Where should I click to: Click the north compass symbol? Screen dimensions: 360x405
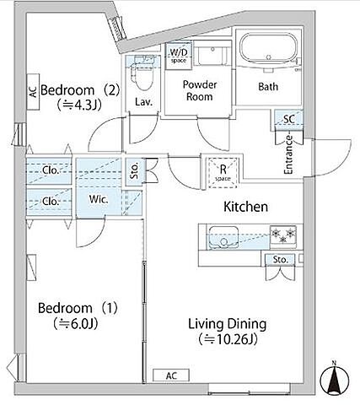tap(335, 378)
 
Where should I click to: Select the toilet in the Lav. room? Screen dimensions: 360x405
tap(142, 73)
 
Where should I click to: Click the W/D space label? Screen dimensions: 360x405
tap(179, 56)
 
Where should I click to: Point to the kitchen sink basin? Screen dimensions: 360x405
tap(223, 237)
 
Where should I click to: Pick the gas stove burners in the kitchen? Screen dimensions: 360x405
tap(283, 235)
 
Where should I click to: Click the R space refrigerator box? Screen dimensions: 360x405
tap(223, 173)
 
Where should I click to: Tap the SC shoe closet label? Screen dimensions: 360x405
tap(289, 119)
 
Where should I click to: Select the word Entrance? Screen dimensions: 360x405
tap(288, 155)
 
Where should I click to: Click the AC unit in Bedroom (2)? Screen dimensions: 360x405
tap(33, 92)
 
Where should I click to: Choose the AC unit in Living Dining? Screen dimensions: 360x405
tap(171, 375)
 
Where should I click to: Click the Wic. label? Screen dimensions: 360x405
tap(99, 199)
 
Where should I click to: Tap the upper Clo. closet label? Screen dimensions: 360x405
tap(51, 170)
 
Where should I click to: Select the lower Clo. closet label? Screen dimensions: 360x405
tap(51, 202)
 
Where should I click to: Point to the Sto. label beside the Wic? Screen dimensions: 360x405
tap(135, 170)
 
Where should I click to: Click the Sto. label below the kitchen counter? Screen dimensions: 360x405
tap(281, 259)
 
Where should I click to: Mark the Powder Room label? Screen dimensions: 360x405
tap(200, 90)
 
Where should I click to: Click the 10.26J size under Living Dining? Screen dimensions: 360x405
tap(228, 339)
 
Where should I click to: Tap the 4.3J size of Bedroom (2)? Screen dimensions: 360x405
tap(79, 105)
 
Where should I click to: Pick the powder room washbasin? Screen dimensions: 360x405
tap(212, 53)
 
